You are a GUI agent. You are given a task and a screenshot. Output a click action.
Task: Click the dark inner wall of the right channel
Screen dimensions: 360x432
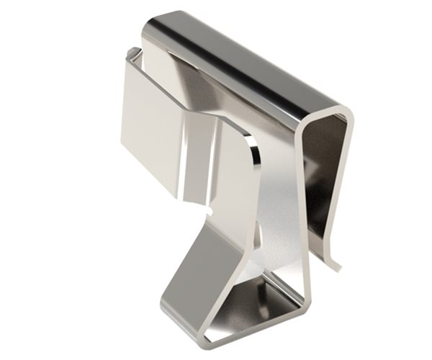pos(328,173)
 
